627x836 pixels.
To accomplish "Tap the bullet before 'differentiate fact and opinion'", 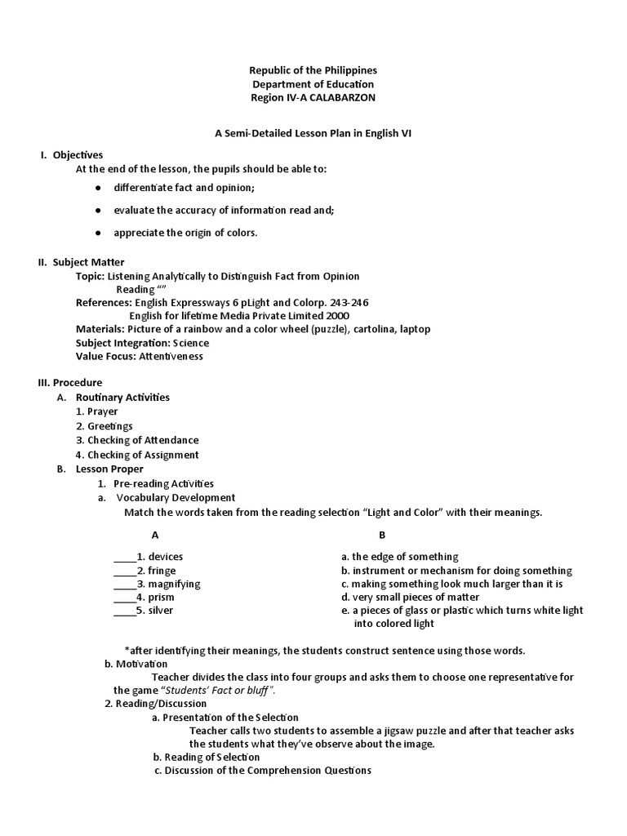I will point(97,188).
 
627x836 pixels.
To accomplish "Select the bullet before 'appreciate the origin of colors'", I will point(97,233).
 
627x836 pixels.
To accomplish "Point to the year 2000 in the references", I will point(338,315).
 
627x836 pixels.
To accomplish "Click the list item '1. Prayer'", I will point(97,411).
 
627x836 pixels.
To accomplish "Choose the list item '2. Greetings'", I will point(104,426).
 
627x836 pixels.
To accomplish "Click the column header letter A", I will point(155,535).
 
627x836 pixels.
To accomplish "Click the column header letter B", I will point(382,535).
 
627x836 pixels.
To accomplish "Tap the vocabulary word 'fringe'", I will point(162,571).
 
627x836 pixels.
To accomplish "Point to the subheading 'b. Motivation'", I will point(136,664).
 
